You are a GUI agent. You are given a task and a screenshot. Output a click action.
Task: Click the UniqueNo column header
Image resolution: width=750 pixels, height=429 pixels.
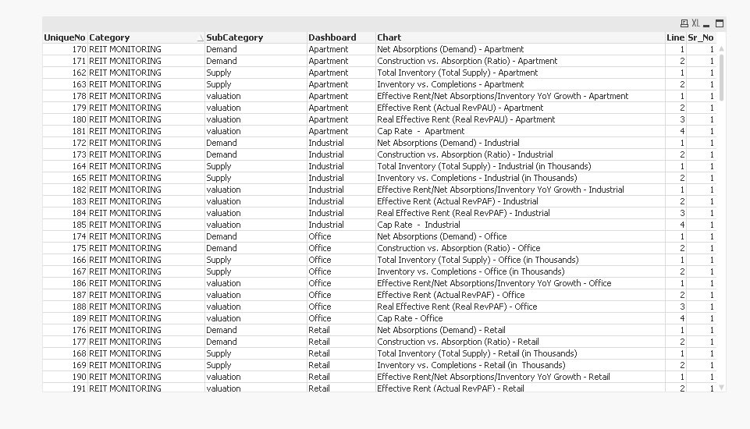point(65,37)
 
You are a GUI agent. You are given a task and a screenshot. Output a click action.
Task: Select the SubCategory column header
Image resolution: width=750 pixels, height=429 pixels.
point(234,37)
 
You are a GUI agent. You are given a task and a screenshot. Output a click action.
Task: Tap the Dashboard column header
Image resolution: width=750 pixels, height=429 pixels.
point(332,37)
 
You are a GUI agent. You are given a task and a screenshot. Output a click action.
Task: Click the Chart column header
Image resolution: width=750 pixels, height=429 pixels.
point(389,37)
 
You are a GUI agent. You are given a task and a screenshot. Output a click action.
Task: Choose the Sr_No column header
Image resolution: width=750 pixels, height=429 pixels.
point(700,37)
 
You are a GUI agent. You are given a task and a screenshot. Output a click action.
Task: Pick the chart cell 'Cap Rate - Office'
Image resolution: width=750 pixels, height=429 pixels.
point(410,318)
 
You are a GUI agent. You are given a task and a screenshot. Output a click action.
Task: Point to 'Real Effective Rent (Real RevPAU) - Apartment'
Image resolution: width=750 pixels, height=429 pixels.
point(466,119)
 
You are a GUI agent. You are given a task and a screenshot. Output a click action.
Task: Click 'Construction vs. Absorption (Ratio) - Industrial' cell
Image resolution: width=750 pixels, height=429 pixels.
point(465,154)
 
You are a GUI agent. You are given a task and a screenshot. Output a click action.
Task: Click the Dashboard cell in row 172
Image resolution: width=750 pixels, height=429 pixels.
point(325,143)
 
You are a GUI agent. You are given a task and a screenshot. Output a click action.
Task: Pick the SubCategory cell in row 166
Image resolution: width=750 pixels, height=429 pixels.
point(219,260)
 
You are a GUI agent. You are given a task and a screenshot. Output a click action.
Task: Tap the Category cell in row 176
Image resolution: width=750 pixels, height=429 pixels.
point(125,330)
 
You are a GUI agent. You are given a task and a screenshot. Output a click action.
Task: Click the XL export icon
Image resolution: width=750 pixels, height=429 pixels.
point(695,23)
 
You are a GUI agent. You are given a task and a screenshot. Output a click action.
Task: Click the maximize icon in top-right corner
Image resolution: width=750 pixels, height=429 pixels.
point(720,23)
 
